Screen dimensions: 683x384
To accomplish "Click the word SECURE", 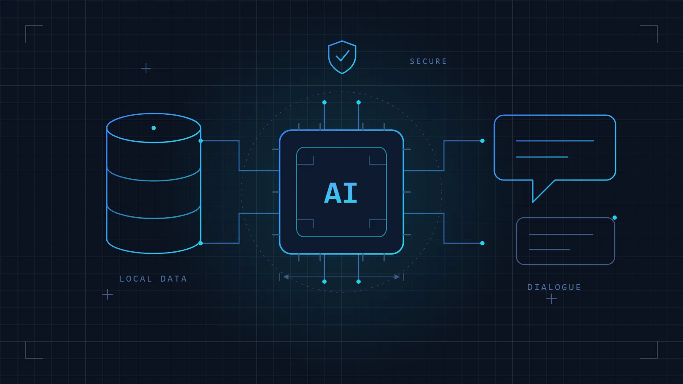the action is [x=428, y=61].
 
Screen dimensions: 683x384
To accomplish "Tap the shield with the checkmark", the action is [x=342, y=57].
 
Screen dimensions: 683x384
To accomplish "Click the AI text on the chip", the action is [x=341, y=192].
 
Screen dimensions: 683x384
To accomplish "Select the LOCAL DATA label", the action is [x=153, y=279].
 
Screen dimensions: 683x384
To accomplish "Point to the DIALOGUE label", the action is [x=554, y=287].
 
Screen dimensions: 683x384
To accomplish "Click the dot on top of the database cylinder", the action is [x=154, y=128].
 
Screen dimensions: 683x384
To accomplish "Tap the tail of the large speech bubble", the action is [x=540, y=190].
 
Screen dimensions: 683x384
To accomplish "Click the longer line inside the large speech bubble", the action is [x=555, y=141].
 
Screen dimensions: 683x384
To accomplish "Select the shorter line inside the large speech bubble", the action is [x=542, y=157].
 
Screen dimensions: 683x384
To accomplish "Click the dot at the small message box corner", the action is [x=615, y=218].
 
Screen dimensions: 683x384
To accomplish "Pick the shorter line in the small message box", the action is [x=550, y=250].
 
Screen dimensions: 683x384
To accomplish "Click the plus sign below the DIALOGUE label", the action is [x=551, y=299].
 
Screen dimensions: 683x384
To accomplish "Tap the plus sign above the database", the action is [x=146, y=68].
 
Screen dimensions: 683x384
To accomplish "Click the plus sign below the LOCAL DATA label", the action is [x=107, y=295].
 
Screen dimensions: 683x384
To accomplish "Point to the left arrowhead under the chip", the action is [x=286, y=277].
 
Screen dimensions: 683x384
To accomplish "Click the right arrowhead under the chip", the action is [x=397, y=277].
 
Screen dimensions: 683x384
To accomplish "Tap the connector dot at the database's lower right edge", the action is [x=201, y=243].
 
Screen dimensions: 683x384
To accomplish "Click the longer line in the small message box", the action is [x=561, y=235].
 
